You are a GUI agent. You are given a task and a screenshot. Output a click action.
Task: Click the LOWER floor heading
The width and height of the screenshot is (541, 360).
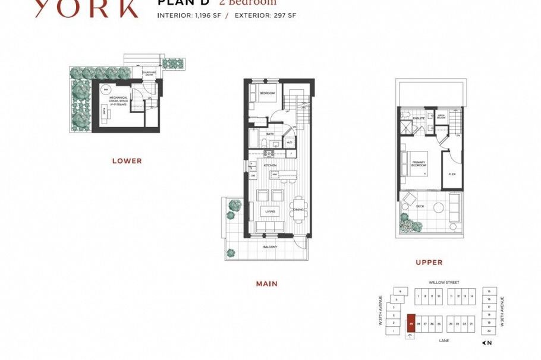(x=127, y=161)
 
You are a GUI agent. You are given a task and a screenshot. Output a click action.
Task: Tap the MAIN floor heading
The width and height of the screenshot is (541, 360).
(x=266, y=284)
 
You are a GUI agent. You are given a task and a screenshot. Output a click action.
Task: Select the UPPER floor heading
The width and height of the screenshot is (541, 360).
(x=429, y=263)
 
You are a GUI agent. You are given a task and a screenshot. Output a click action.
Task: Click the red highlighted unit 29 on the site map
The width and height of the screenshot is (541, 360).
(x=411, y=324)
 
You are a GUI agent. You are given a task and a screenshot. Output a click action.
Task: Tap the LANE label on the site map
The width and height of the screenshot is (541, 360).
(x=444, y=341)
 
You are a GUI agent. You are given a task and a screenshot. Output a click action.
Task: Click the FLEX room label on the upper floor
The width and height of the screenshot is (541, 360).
(x=452, y=175)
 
